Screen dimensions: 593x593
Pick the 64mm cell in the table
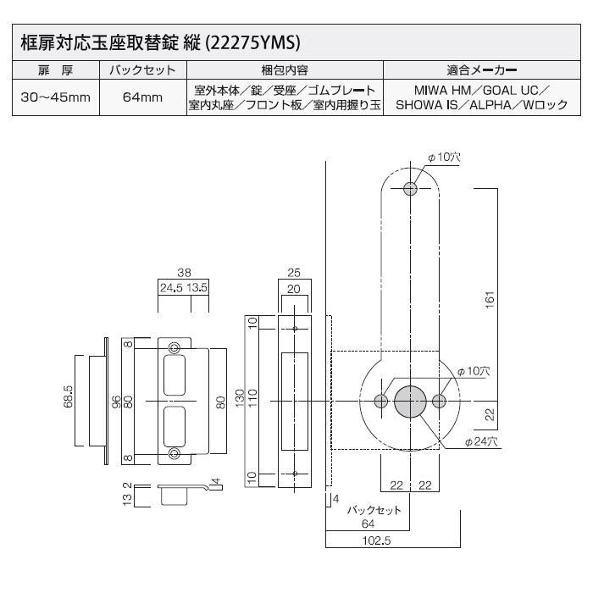(141, 97)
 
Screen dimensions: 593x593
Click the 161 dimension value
(490, 298)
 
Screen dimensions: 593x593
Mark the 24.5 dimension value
(173, 288)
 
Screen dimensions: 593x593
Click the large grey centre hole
(411, 400)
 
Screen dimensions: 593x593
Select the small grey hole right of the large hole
(439, 400)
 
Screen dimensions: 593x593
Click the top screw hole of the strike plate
(174, 347)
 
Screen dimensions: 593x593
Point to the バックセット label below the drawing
(374, 511)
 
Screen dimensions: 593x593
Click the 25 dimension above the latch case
(294, 273)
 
